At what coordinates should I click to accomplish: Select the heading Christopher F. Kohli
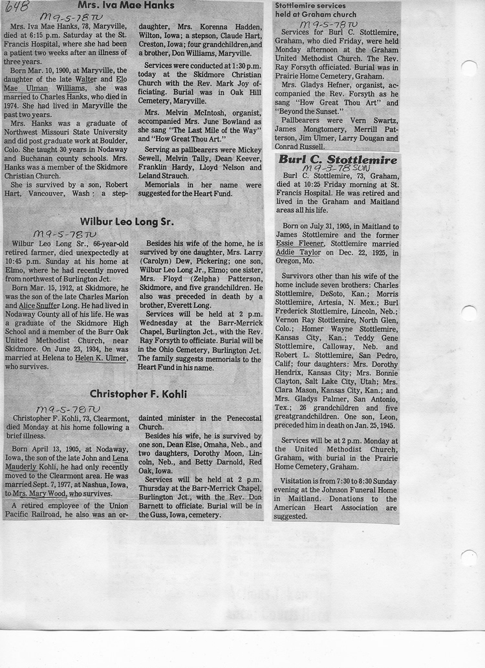click(x=138, y=394)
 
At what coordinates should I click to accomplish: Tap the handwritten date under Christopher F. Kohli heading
click(x=68, y=409)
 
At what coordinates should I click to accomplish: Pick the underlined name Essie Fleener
click(x=299, y=244)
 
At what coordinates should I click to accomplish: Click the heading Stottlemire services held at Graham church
click(x=317, y=10)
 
